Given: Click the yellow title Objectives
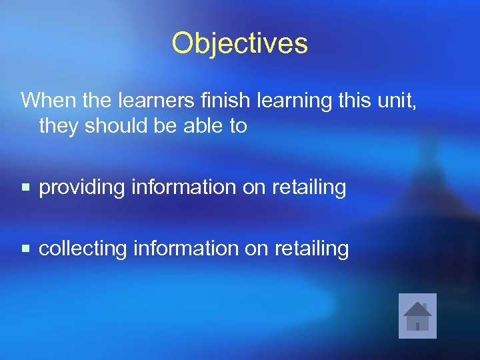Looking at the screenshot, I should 239,43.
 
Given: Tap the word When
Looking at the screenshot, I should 47,101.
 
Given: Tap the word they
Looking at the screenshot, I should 59,126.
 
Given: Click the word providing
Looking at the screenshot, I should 82,188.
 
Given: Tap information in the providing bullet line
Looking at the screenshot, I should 184,187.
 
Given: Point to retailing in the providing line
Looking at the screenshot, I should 309,188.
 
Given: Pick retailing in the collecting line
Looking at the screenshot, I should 311,249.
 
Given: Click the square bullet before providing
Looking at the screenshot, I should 26,188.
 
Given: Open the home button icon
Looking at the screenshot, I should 417,316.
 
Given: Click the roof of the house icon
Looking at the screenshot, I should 417,309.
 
